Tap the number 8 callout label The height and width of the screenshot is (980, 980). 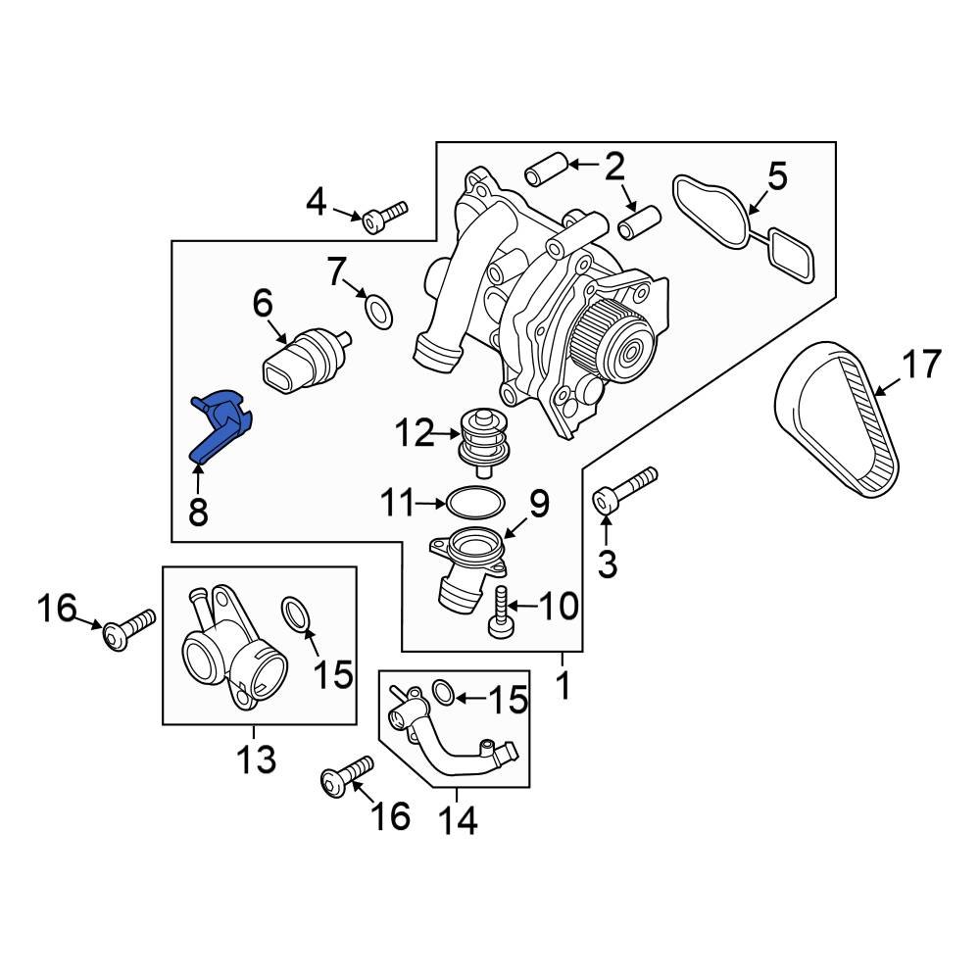coord(198,511)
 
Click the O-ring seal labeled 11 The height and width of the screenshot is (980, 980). coord(475,504)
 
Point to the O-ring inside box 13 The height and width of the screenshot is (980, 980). coord(297,614)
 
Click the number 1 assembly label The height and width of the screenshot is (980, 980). coord(563,686)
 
